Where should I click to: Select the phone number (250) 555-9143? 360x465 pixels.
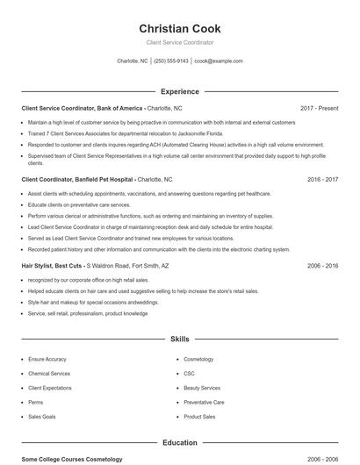170,61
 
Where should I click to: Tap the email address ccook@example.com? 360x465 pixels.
218,61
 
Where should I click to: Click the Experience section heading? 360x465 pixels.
179,91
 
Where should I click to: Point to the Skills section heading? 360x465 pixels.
179,338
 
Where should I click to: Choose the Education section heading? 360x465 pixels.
179,443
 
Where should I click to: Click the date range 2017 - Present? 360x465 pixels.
319,108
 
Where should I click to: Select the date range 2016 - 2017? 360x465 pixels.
322,178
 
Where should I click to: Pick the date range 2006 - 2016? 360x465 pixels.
322,264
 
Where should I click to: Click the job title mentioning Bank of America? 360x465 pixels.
83,108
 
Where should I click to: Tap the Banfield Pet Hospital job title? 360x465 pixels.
78,178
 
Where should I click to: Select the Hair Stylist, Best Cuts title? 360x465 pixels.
53,264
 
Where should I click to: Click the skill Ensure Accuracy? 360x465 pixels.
47,359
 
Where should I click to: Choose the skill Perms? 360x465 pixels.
37,402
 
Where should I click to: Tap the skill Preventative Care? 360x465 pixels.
204,402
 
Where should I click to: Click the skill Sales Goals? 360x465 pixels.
42,417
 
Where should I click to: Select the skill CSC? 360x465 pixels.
189,374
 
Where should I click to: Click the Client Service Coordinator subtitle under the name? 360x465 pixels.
179,42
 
